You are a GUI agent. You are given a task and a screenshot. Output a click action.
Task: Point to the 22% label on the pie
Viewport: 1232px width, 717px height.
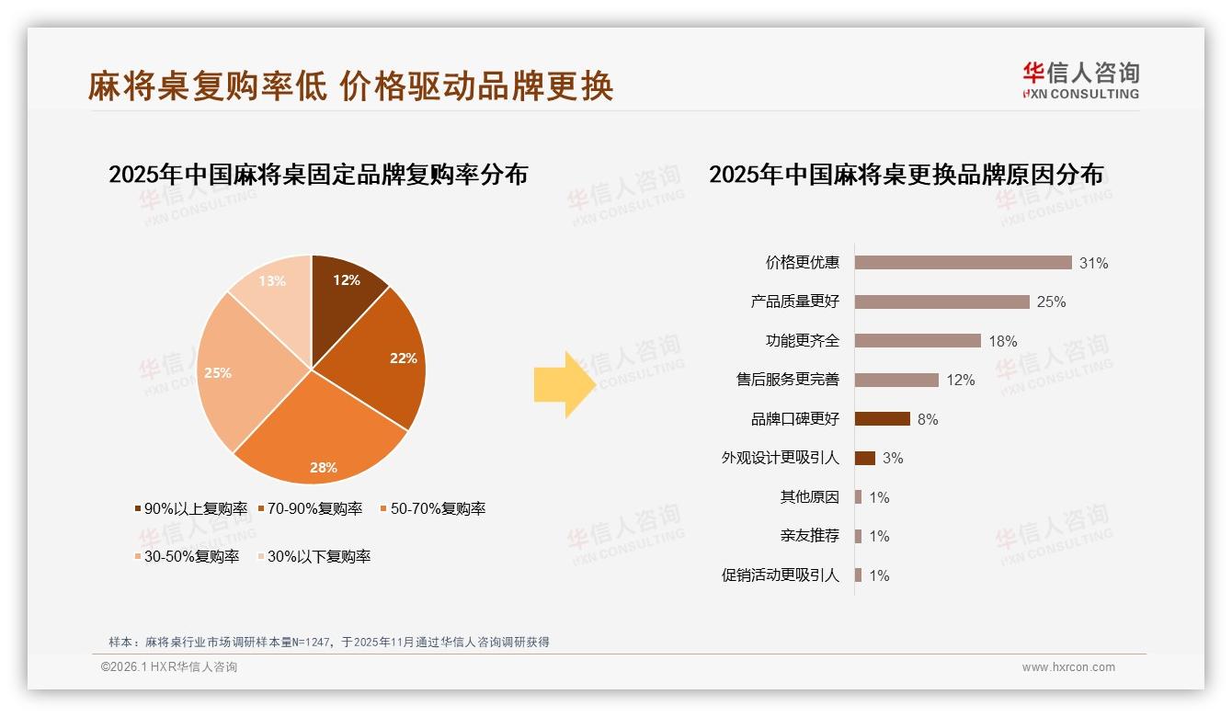pos(403,358)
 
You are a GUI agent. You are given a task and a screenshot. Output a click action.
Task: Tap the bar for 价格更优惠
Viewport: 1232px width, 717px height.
pos(963,263)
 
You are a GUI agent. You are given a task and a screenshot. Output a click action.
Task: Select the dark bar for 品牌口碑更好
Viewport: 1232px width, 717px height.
pos(882,419)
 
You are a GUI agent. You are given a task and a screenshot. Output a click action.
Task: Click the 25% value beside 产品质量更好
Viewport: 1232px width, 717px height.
pos(1051,302)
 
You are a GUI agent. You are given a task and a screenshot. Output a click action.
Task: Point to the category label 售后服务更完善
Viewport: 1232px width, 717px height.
pos(788,380)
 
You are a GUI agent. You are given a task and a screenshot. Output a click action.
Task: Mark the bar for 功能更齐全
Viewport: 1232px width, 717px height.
pos(918,341)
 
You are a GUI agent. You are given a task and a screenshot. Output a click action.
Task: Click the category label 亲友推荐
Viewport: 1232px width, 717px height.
pos(810,536)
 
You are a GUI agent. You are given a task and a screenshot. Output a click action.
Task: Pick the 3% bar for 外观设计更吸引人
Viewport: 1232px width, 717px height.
pos(864,458)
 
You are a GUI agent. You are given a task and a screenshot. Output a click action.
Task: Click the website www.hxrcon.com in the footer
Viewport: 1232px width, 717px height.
pos(1068,667)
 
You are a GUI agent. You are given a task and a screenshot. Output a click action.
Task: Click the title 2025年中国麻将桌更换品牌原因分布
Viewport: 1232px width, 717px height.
pos(906,175)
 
